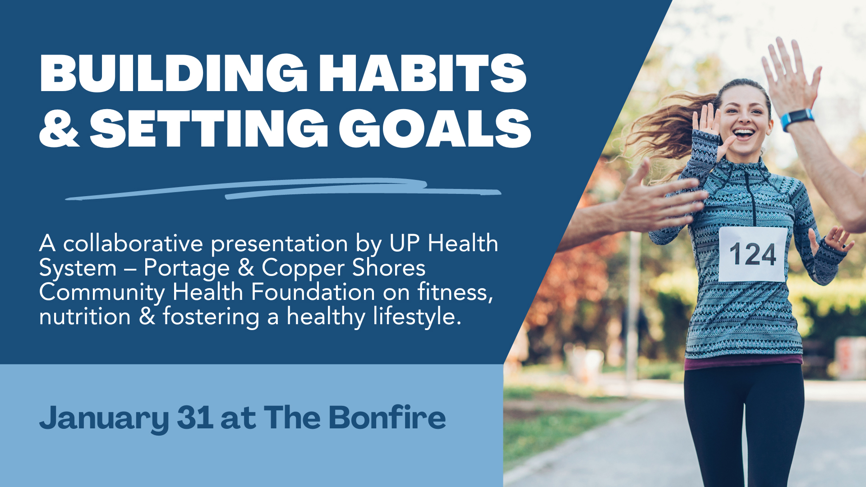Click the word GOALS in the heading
pyautogui.click(x=434, y=129)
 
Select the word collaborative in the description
pyautogui.click(x=133, y=244)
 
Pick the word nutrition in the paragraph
pyautogui.click(x=85, y=317)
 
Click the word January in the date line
pyautogui.click(x=104, y=418)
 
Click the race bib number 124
pyautogui.click(x=752, y=254)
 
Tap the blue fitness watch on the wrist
pyautogui.click(x=797, y=119)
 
